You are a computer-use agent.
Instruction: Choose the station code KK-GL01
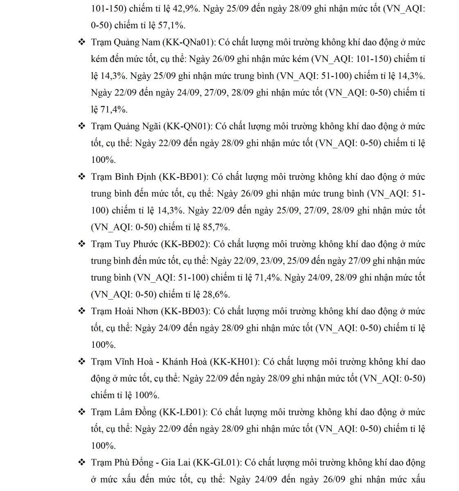point(216,463)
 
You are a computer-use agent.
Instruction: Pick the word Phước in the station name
point(145,244)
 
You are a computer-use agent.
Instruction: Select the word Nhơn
point(147,311)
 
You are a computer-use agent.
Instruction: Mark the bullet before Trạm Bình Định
point(81,177)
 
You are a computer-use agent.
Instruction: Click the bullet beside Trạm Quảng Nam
point(81,43)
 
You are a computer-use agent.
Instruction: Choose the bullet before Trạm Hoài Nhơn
point(81,311)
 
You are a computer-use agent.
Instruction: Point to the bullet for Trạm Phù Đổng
point(81,463)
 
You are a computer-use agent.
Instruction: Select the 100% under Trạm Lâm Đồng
point(103,446)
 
